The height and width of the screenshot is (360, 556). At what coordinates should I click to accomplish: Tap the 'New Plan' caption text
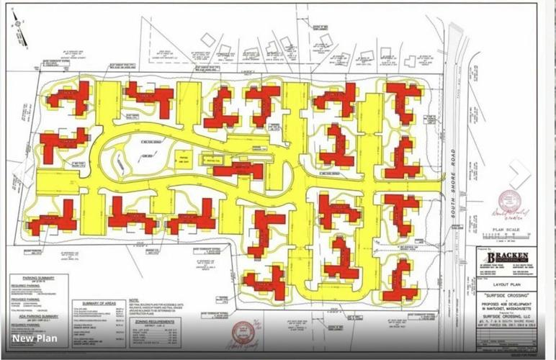point(34,338)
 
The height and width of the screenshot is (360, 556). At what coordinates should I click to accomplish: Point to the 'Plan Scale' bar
point(508,235)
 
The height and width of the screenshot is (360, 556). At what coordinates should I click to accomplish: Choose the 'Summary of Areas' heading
point(98,303)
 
